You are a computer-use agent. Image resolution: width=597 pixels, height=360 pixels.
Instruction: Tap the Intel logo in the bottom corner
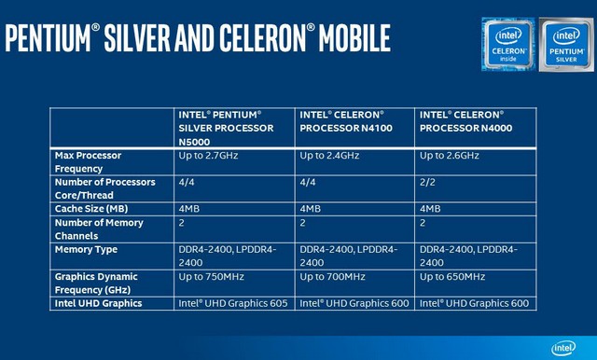click(562, 347)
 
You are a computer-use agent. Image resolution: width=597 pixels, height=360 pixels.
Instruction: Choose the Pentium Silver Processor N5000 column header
click(226, 127)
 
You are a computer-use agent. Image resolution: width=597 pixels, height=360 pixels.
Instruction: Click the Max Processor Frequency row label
click(90, 161)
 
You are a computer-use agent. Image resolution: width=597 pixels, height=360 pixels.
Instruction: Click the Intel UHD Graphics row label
click(99, 303)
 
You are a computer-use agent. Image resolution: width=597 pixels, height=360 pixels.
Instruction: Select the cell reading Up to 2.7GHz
click(210, 155)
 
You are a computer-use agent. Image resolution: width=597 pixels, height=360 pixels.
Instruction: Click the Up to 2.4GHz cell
click(330, 155)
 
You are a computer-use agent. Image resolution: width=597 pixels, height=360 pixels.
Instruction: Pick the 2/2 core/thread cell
click(427, 182)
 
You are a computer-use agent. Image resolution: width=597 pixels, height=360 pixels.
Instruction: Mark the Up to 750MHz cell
click(212, 277)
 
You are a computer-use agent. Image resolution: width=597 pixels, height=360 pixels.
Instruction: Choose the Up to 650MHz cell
click(452, 277)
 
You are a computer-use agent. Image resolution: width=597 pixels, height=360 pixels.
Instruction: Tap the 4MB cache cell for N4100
click(312, 209)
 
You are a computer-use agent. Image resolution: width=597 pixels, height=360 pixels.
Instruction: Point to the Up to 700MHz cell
click(332, 277)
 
